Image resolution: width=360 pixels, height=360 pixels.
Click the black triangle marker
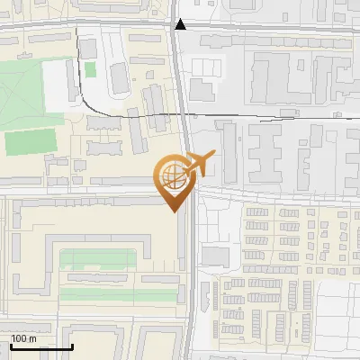(x=181, y=24)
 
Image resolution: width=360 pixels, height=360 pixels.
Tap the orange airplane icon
(x=199, y=163)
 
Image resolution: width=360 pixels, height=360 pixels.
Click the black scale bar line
(x=41, y=347)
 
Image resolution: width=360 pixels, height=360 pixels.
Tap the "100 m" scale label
(x=24, y=339)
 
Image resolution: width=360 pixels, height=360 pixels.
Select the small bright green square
(x=90, y=69)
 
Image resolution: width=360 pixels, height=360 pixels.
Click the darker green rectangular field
(x=30, y=142)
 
